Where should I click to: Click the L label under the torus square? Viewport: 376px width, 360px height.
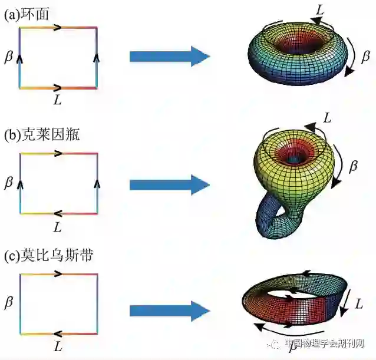pyautogui.click(x=57, y=100)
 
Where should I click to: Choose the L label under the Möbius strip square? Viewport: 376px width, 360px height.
pyautogui.click(x=57, y=348)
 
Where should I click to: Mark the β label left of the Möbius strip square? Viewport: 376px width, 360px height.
pyautogui.click(x=8, y=303)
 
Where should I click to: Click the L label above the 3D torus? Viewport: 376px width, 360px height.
pyautogui.click(x=318, y=10)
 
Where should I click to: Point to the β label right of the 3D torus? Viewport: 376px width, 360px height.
pyautogui.click(x=365, y=57)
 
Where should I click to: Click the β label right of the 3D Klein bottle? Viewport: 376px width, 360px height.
pyautogui.click(x=354, y=167)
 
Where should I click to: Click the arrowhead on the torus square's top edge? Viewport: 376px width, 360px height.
pyautogui.click(x=58, y=27)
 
